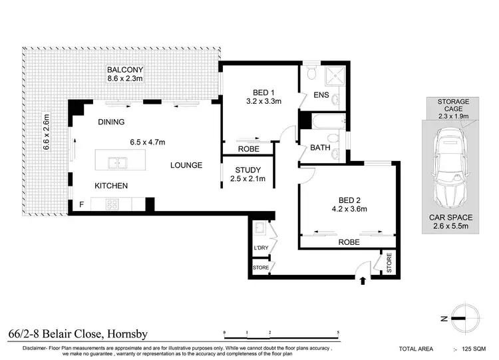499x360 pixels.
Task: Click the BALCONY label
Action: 125,70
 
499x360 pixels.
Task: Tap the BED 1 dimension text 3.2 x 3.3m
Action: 264,101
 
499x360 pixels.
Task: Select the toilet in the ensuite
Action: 311,73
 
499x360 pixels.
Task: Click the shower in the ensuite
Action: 335,76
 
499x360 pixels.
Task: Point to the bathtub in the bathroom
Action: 329,121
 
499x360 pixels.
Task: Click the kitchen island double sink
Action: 117,163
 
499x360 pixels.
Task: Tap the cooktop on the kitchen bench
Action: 112,204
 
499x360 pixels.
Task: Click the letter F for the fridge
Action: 81,205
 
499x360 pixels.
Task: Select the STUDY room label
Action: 248,170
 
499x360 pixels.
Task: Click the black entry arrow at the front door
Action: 363,280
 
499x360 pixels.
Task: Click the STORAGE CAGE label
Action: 453,105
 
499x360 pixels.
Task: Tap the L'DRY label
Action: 261,248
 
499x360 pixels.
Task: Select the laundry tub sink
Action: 259,228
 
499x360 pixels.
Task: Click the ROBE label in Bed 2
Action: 349,242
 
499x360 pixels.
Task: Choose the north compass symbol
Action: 461,318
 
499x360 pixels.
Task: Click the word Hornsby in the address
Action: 128,334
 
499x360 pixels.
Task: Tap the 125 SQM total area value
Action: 474,349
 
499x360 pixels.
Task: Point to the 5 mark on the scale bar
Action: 338,332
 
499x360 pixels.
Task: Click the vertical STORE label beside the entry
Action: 389,263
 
